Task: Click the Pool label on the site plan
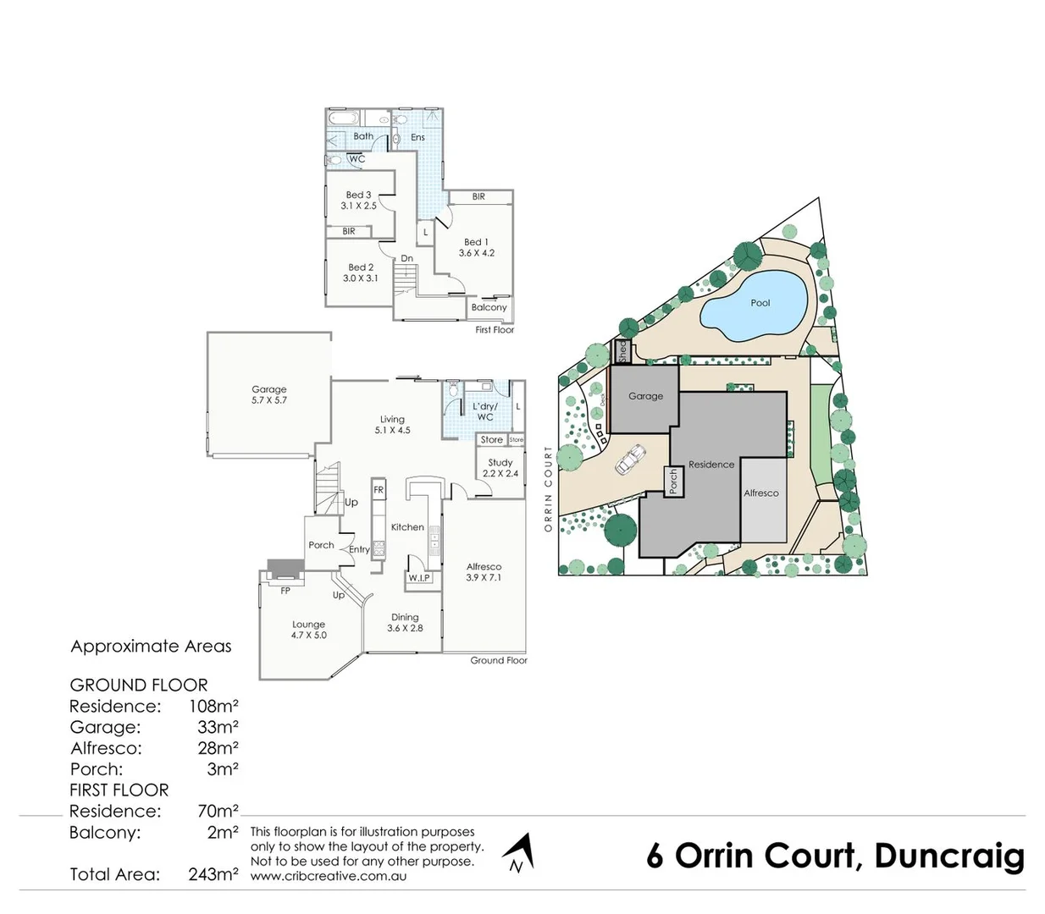(760, 303)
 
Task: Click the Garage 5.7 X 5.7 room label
(268, 395)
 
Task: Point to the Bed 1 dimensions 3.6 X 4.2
(476, 253)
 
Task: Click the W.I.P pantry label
(419, 578)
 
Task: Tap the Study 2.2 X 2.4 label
(500, 468)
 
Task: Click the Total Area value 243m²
(213, 875)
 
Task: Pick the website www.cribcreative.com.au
(328, 876)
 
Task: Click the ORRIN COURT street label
(548, 489)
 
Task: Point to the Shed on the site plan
(622, 350)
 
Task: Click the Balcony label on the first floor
(489, 307)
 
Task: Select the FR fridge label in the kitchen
(379, 490)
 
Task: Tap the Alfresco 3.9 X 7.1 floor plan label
(484, 572)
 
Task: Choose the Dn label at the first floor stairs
(406, 258)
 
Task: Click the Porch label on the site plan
(673, 482)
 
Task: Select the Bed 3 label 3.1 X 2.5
(358, 200)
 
